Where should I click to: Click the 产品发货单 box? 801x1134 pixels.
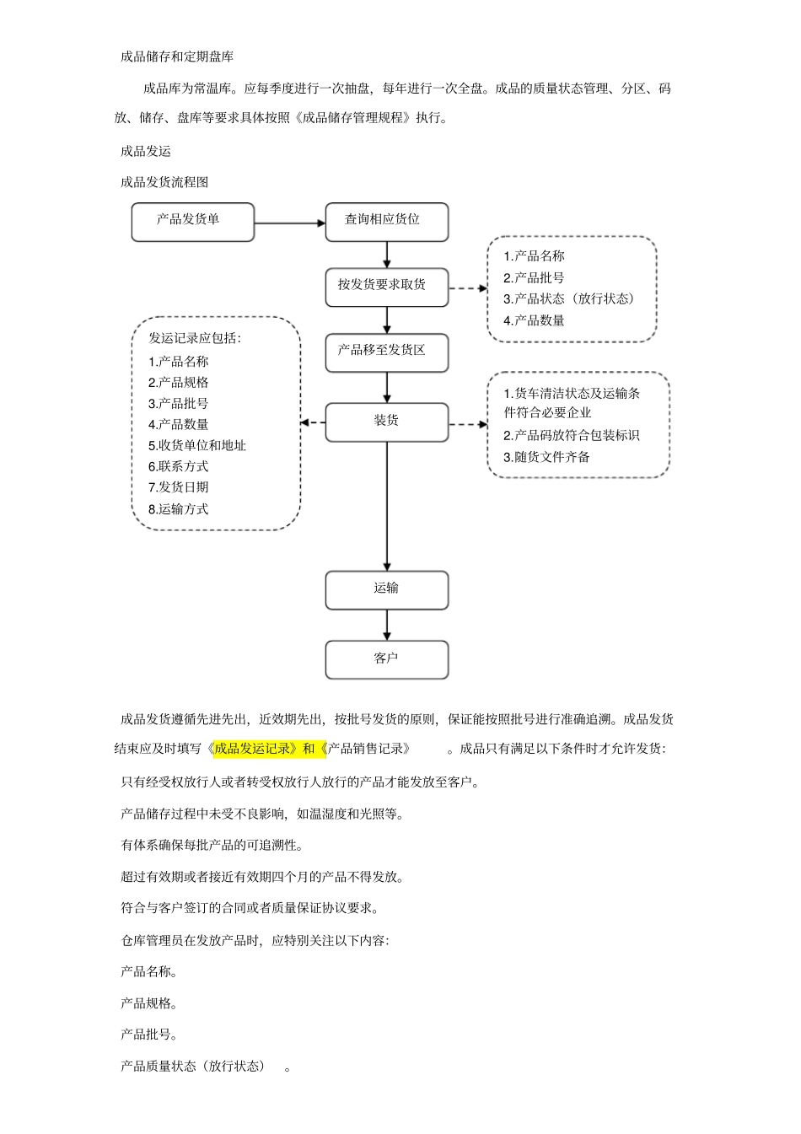[x=192, y=222]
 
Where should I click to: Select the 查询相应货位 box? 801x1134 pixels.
[x=386, y=222]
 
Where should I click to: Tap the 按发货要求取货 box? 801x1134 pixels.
[x=386, y=288]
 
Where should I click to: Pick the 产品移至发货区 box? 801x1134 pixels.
[x=386, y=353]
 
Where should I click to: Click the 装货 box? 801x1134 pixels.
[x=386, y=422]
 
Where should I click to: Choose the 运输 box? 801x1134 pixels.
[x=386, y=590]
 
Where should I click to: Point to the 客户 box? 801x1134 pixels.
[x=386, y=659]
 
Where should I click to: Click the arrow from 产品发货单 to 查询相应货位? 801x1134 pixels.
[x=289, y=223]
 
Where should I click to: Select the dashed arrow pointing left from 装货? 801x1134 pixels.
[x=313, y=422]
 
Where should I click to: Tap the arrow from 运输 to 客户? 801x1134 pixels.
[x=387, y=625]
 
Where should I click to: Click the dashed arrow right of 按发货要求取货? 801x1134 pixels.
[x=468, y=288]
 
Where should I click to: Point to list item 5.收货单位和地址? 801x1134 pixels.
[x=197, y=445]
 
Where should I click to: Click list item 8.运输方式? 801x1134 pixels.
[x=178, y=508]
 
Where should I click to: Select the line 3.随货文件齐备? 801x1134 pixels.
[x=546, y=457]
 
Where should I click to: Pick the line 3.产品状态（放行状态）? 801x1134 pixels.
[x=568, y=298]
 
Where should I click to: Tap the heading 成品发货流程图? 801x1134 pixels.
[x=164, y=181]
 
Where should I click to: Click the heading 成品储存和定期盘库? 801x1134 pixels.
[x=177, y=56]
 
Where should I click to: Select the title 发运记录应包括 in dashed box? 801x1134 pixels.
[x=195, y=338]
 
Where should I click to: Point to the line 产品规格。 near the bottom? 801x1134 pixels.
[x=148, y=1003]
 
